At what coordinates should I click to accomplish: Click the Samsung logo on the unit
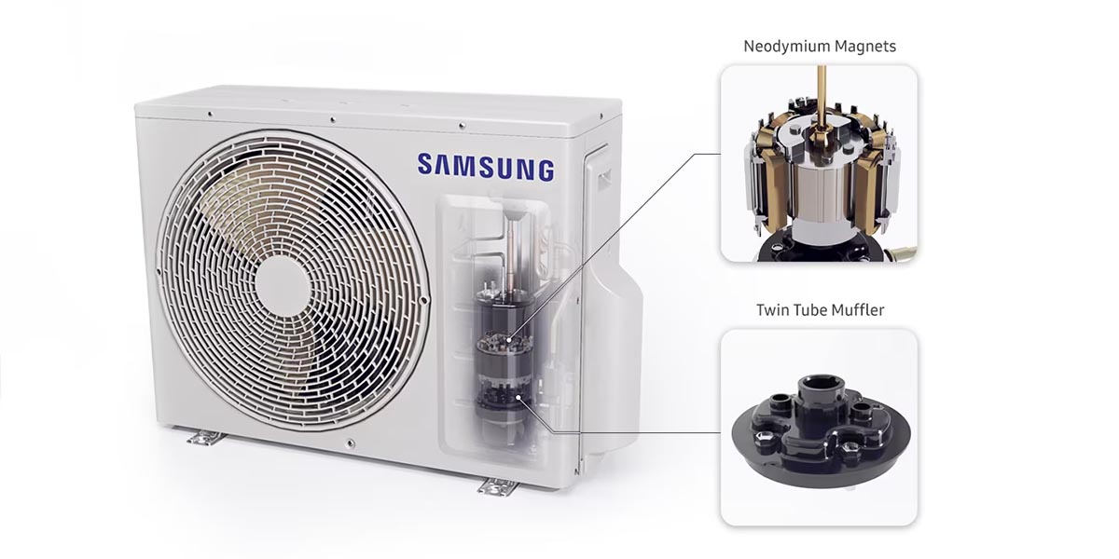(x=486, y=167)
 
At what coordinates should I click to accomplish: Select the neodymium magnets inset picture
(x=819, y=162)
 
